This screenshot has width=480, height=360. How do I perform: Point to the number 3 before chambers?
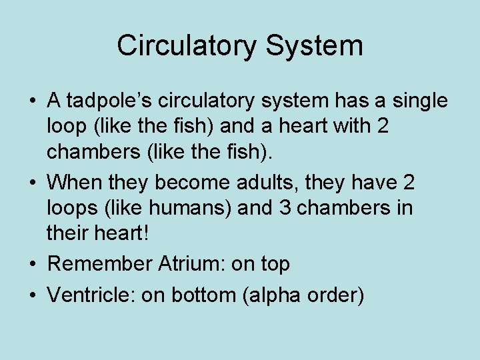point(285,209)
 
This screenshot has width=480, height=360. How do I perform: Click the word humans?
point(193,209)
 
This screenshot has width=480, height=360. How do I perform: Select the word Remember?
point(100,263)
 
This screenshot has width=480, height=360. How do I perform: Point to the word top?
point(275,265)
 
